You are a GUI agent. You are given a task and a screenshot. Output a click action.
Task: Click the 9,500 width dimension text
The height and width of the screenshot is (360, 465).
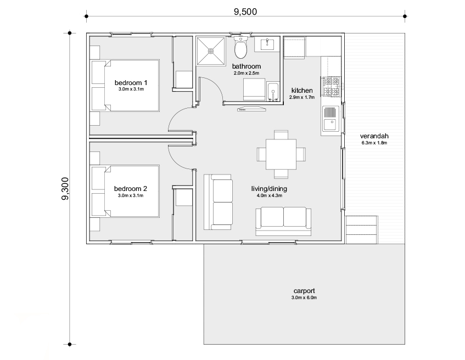point(245,12)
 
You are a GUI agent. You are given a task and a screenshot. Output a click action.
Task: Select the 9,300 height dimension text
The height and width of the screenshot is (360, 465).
point(65,189)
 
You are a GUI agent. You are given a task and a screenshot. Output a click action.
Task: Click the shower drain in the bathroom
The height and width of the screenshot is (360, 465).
point(211,51)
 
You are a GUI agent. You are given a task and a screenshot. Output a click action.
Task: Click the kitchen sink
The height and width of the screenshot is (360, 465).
point(331,119)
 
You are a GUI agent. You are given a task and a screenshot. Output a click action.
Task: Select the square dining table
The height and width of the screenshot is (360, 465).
point(281,154)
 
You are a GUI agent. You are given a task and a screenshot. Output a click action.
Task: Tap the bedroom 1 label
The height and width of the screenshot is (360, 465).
point(131,83)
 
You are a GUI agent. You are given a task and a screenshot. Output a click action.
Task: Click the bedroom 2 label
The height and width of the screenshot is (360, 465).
point(131,189)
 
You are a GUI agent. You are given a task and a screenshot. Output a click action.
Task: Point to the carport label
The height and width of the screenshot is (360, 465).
point(304,291)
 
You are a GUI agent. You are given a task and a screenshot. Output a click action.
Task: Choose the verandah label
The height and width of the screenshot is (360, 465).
point(374,136)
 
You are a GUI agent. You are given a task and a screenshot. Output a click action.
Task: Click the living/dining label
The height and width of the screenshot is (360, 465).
point(269,189)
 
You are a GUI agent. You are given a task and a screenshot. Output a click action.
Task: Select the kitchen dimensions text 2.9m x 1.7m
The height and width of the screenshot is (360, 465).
point(302,97)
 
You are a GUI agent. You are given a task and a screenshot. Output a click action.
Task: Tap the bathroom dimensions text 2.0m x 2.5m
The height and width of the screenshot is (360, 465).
point(246,73)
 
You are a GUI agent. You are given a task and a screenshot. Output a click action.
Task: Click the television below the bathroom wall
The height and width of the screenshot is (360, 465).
point(252,109)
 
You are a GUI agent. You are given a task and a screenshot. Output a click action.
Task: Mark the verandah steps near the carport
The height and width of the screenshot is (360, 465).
point(362,230)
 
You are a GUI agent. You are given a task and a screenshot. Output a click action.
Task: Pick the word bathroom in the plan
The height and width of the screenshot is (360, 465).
point(246,66)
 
